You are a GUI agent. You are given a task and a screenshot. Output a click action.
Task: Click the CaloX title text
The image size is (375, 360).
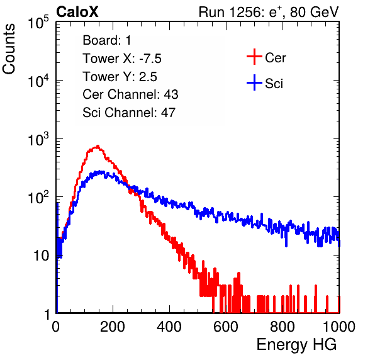[77, 12]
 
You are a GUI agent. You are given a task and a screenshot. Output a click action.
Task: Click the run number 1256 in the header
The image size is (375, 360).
[244, 12]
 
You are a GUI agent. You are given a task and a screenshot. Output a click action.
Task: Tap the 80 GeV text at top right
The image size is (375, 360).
[315, 12]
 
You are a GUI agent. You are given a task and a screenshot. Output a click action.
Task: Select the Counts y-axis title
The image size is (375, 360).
[9, 48]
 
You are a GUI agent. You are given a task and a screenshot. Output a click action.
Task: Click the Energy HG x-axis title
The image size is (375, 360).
[296, 344]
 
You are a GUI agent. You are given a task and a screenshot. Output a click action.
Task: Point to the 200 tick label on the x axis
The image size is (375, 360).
[113, 327]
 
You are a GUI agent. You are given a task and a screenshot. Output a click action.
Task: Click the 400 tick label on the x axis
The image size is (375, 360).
[169, 327]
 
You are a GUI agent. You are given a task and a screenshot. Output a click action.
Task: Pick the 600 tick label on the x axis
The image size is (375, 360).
[226, 327]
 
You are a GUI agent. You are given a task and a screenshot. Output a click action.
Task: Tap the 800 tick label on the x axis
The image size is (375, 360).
[283, 327]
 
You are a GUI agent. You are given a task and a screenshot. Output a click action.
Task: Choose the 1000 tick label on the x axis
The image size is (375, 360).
[339, 327]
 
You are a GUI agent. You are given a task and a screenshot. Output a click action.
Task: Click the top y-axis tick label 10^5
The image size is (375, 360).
[38, 22]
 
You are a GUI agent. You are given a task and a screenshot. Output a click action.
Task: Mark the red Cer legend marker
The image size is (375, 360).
[254, 57]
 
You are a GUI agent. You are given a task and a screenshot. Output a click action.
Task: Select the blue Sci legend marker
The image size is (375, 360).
[254, 82]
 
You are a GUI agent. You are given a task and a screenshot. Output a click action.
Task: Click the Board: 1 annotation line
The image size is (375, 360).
[107, 40]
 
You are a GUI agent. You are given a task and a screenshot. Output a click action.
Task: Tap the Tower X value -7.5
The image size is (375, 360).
[150, 59]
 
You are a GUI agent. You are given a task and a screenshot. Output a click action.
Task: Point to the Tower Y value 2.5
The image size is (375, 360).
[148, 77]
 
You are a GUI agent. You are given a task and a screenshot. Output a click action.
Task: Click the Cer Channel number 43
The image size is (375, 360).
[171, 94]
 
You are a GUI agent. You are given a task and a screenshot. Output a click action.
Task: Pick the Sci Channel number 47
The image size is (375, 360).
[168, 113]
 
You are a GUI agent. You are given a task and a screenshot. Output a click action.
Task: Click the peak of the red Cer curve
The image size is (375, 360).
[98, 146]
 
